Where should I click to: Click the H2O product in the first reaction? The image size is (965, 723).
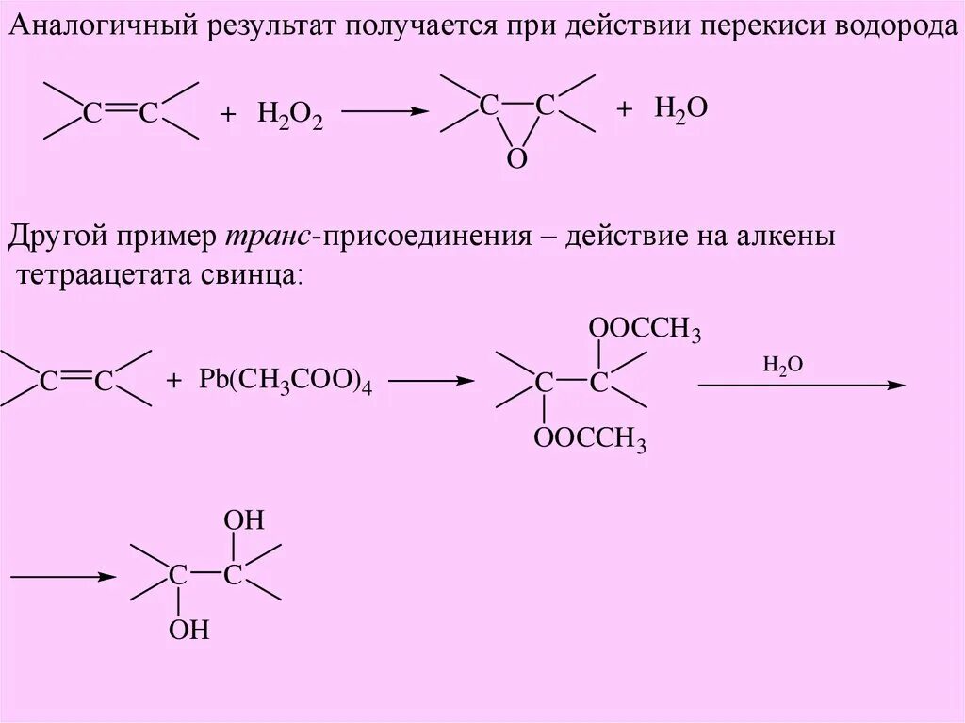680,108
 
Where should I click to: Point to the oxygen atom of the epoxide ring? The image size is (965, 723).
516,159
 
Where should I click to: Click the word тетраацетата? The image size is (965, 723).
105,275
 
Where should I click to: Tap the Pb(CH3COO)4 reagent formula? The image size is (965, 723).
285,382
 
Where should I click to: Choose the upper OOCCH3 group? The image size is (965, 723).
645,330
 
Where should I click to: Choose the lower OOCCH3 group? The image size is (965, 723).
590,440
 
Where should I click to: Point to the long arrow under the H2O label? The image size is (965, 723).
801,385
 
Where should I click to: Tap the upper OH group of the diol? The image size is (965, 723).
243,521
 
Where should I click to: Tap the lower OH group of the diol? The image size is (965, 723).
188,630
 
